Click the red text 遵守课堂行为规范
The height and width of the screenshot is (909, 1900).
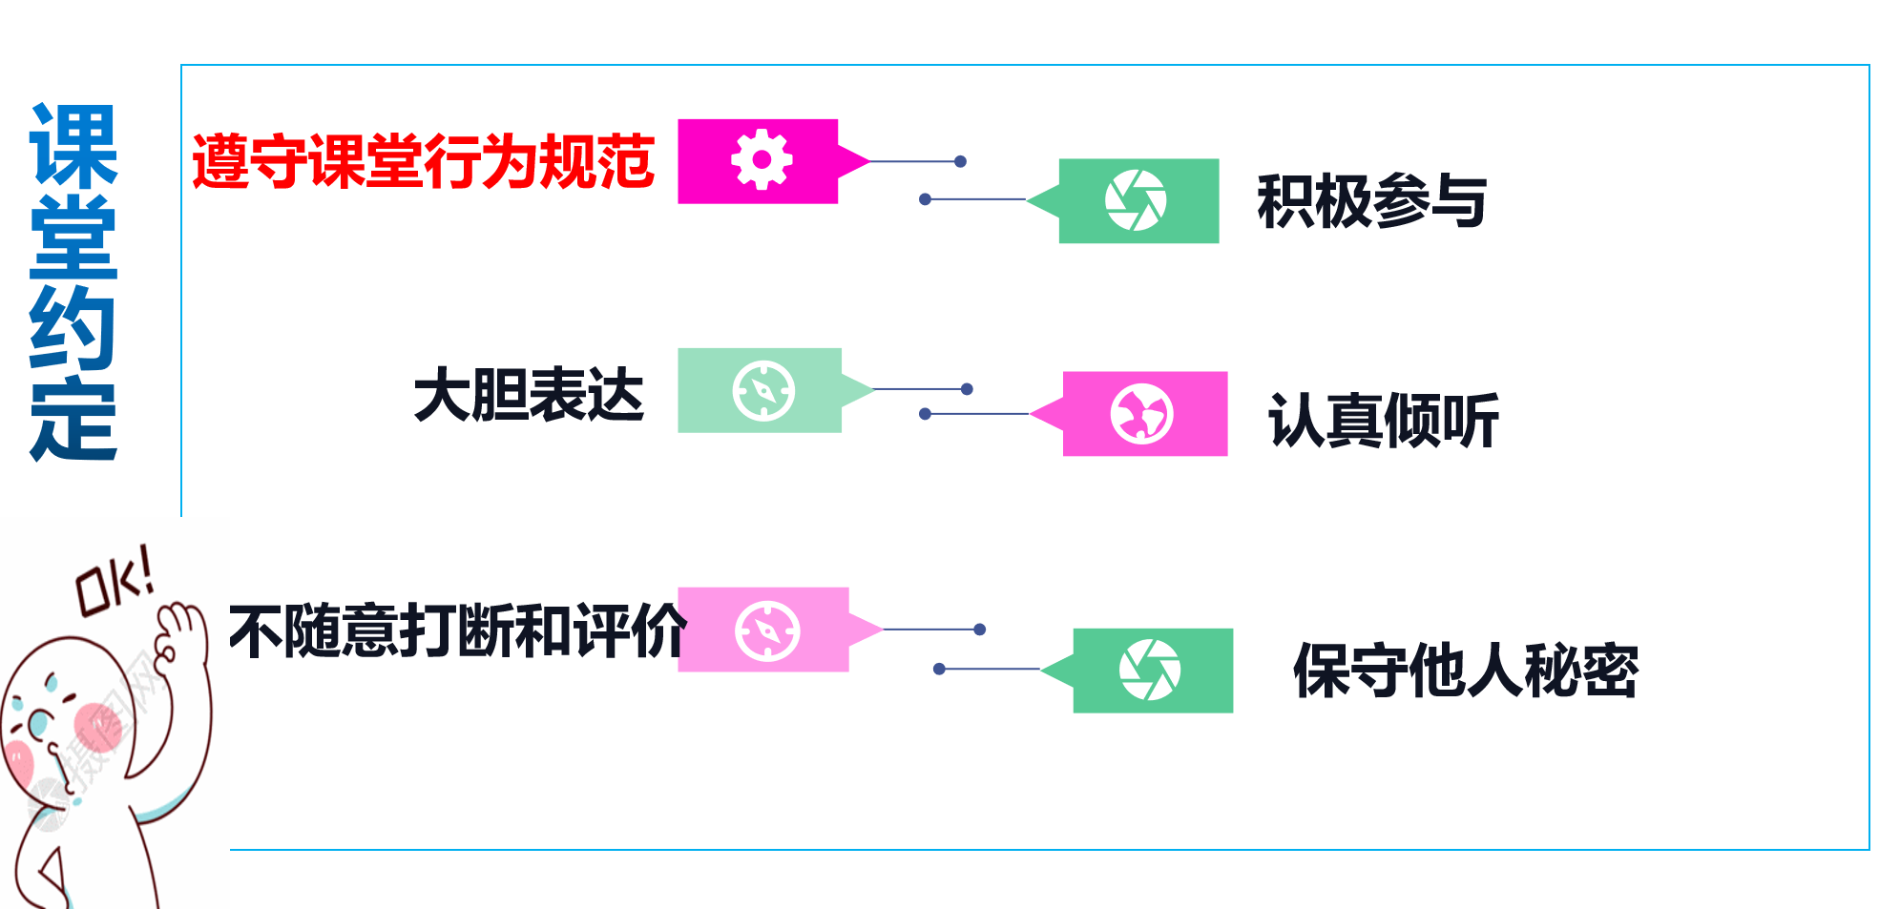[x=423, y=161]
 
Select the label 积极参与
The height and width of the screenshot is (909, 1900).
[x=1371, y=201]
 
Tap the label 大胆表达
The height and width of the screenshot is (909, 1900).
[x=529, y=395]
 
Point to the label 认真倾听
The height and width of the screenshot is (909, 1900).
[x=1383, y=421]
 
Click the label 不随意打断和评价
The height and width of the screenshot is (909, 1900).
[x=457, y=630]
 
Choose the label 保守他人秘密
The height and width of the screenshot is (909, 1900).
[x=1465, y=671]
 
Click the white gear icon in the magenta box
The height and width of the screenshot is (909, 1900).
[x=761, y=160]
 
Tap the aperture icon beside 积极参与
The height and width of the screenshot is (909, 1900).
[x=1136, y=200]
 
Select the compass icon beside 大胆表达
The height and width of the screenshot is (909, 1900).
[x=763, y=390]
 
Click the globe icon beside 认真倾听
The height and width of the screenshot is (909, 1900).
[x=1141, y=414]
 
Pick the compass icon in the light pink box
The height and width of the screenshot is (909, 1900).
[x=767, y=630]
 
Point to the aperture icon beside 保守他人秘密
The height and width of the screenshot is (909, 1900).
[x=1150, y=670]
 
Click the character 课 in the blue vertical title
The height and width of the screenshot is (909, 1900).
[x=73, y=145]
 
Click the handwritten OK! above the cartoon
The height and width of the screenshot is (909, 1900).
[x=115, y=580]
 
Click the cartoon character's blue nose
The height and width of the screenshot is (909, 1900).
[x=38, y=725]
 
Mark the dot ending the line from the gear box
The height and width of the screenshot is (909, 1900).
[x=960, y=161]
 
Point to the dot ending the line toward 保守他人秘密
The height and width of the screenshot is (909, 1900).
[x=939, y=669]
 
